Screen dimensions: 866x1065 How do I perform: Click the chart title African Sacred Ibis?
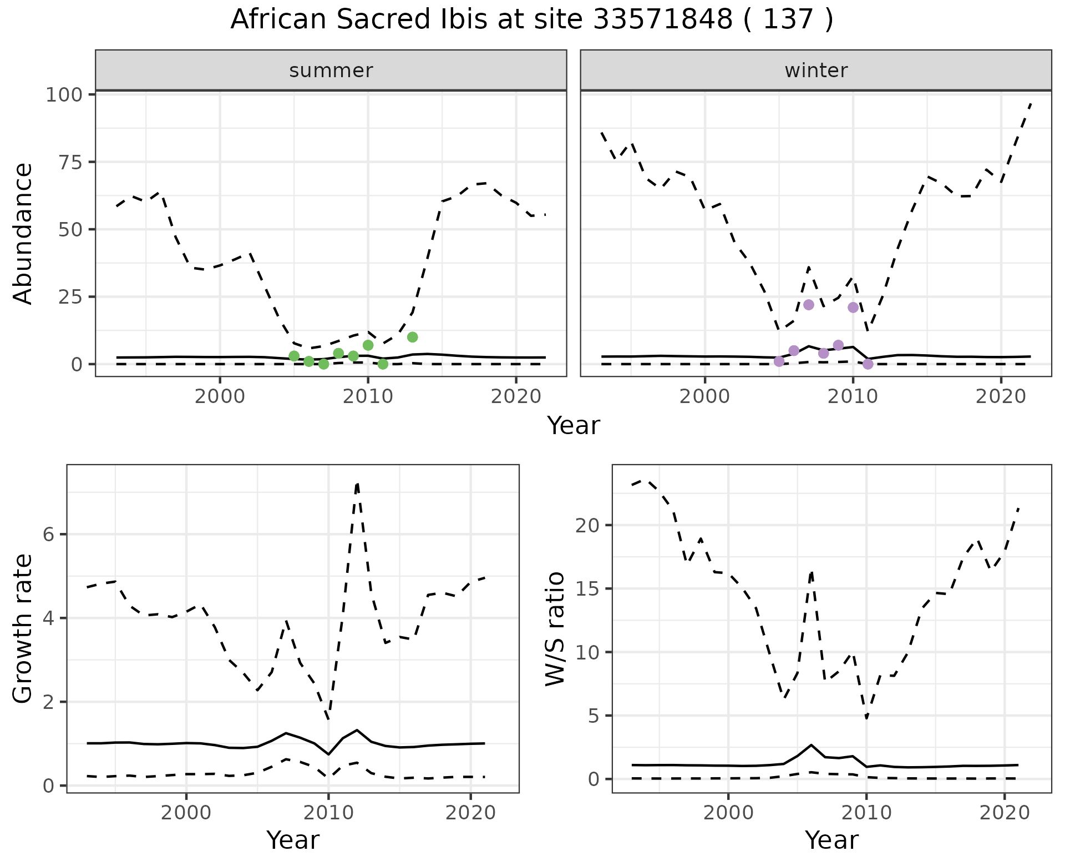[531, 20]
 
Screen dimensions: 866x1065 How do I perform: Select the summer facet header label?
[331, 71]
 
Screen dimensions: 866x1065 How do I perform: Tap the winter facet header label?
[816, 71]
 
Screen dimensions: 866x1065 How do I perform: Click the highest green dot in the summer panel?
[412, 337]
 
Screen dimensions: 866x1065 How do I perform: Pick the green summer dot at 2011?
[383, 364]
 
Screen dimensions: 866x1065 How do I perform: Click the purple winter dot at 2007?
[809, 305]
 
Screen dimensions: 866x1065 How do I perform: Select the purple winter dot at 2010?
[853, 308]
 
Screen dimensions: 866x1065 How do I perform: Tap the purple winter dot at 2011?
[868, 364]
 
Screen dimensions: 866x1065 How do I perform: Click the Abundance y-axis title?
[23, 234]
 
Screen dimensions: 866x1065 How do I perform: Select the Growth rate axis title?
[23, 629]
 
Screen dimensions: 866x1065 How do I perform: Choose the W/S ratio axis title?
[555, 629]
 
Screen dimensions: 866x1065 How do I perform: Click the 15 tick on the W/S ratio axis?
[588, 588]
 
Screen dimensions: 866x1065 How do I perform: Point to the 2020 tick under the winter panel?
[1001, 397]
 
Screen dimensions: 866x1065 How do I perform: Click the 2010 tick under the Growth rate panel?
[328, 813]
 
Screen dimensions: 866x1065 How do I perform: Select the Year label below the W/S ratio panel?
[831, 840]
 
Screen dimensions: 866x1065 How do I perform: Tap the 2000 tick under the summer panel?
[220, 397]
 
